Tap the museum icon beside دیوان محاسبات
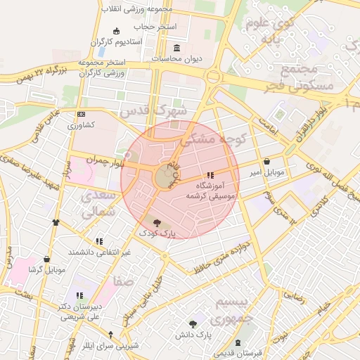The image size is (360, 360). click(x=175, y=48)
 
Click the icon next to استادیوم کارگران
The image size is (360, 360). click(x=116, y=32)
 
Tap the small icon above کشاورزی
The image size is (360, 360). click(x=82, y=115)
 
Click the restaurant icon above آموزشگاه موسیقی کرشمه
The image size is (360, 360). click(x=210, y=175)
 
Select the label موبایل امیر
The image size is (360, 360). click(x=265, y=172)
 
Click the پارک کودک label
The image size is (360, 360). click(x=157, y=232)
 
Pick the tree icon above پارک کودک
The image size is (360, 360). click(x=156, y=222)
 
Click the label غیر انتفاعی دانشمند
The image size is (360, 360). click(x=99, y=252)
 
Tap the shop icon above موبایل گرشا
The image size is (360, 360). click(x=46, y=259)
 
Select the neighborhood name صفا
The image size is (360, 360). click(x=124, y=281)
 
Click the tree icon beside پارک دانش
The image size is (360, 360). click(x=193, y=323)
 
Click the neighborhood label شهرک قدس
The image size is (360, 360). click(x=154, y=111)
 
